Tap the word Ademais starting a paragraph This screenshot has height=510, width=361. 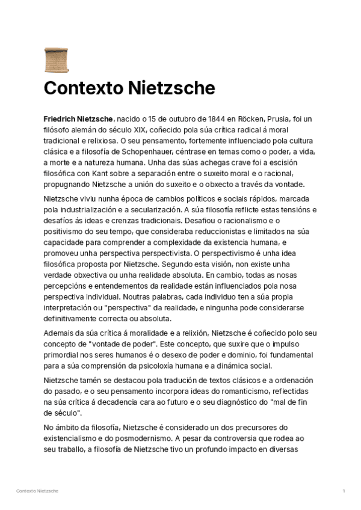tap(58, 333)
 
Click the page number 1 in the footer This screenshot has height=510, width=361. tap(344, 491)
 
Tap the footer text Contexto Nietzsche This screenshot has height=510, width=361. tap(37, 491)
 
